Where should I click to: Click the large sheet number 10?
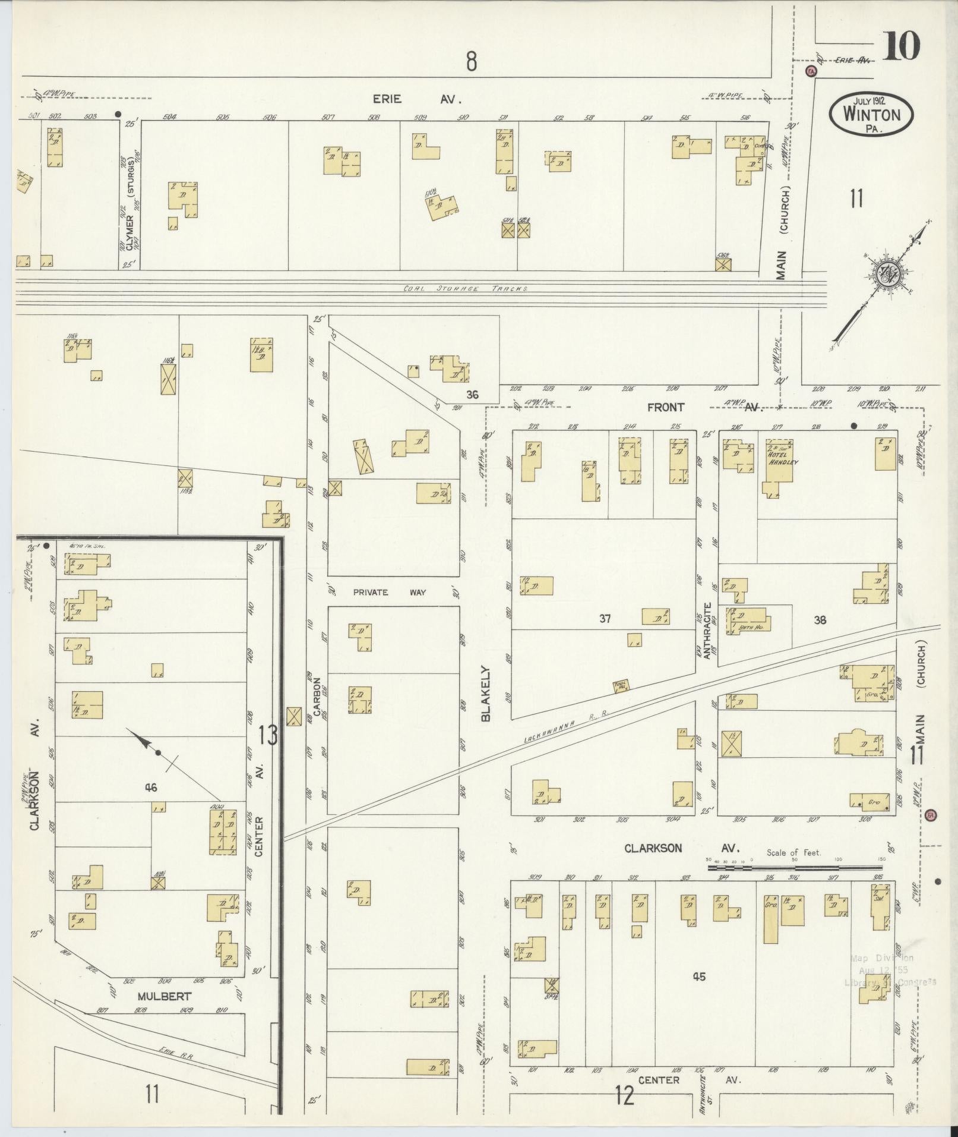[x=900, y=45]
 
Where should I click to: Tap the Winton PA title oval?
[x=871, y=114]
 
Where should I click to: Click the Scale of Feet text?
[x=793, y=853]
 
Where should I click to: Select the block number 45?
[x=699, y=976]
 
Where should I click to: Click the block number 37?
[x=605, y=619]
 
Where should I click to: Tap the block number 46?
[x=150, y=788]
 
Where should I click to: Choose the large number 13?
[x=268, y=736]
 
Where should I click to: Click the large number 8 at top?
[x=471, y=61]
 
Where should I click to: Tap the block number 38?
[x=820, y=620]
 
